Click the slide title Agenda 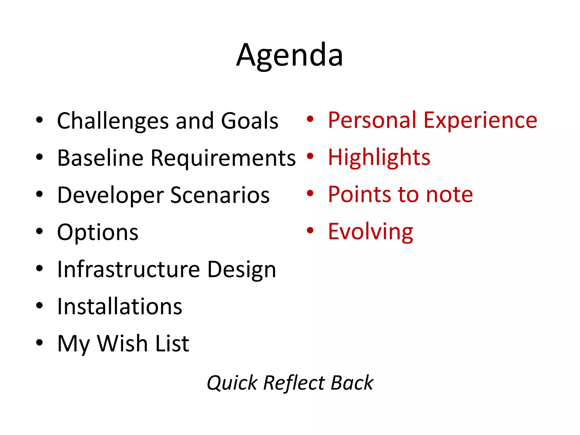290,55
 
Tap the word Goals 250,121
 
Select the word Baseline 100,158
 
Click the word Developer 110,195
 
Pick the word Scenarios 220,195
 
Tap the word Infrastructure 129,269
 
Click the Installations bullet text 120,306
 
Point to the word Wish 123,344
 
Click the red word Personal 372,120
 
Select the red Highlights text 379,157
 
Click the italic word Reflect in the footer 294,383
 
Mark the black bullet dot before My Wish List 39,342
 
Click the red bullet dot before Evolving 310,230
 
